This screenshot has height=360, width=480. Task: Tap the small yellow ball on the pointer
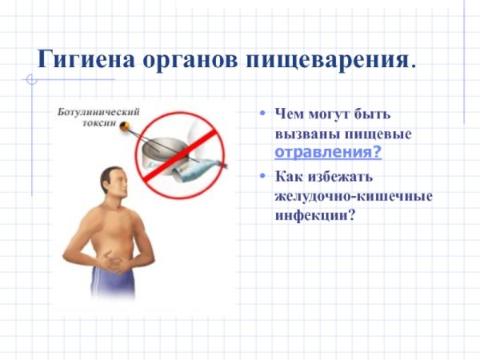126,125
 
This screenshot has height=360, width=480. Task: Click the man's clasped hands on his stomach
117,260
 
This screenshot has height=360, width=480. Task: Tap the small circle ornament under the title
31,79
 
